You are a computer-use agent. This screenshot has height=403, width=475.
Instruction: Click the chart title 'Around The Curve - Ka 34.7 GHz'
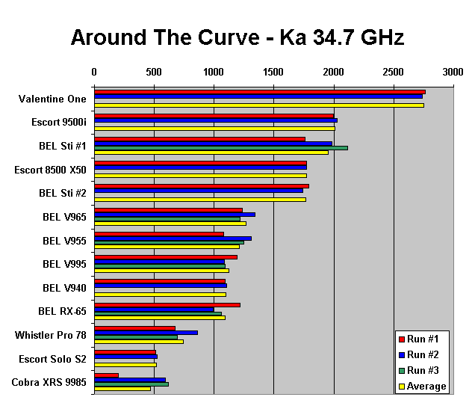click(237, 37)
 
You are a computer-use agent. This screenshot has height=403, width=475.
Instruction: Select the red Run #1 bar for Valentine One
click(259, 92)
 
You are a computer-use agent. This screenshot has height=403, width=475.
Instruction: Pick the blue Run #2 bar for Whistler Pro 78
click(146, 333)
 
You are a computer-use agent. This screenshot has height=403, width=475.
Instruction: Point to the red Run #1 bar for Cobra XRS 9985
click(106, 375)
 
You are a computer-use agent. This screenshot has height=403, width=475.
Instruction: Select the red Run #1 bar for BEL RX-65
click(167, 304)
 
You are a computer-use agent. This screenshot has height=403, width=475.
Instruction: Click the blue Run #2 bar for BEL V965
click(174, 215)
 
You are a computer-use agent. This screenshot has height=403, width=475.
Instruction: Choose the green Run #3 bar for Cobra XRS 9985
click(131, 384)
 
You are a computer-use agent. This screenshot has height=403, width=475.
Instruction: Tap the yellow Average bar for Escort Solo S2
click(125, 365)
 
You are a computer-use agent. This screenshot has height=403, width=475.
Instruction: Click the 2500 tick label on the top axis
click(394, 72)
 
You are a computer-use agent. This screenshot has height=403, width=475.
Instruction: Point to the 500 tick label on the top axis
click(154, 72)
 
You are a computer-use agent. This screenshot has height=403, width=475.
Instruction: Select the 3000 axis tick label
click(453, 72)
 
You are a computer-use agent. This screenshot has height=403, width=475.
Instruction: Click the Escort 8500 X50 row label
click(50, 170)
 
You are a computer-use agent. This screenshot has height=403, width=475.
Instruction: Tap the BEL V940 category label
click(64, 287)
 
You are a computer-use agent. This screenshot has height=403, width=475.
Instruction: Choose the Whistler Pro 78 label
click(51, 335)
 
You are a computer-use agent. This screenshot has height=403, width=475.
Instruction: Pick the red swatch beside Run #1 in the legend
click(401, 339)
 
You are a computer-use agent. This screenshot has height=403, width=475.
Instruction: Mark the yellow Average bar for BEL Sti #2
click(199, 200)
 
